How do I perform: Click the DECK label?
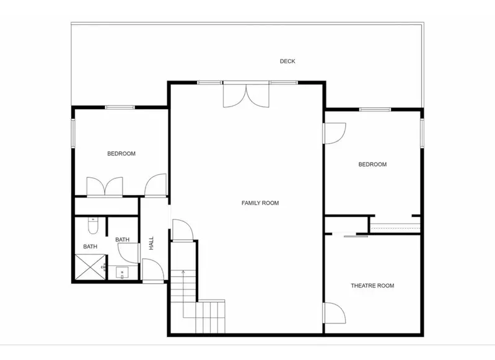(287, 61)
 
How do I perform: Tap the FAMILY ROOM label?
(260, 203)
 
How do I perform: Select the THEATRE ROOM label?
(372, 286)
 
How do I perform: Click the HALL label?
(151, 243)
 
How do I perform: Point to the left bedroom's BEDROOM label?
(121, 154)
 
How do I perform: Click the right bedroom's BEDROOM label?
(372, 165)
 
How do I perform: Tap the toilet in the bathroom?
(93, 226)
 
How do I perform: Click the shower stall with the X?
(90, 267)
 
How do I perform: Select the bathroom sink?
(122, 273)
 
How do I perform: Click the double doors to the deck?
(246, 95)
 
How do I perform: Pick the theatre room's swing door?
(335, 313)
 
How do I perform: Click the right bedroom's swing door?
(335, 133)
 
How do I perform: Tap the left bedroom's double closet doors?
(105, 187)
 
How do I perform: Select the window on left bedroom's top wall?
(120, 107)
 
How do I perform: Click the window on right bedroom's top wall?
(375, 110)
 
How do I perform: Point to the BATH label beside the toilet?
(90, 247)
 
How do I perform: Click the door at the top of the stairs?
(182, 230)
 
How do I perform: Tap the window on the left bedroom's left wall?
(73, 133)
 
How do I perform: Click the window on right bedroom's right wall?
(422, 133)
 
